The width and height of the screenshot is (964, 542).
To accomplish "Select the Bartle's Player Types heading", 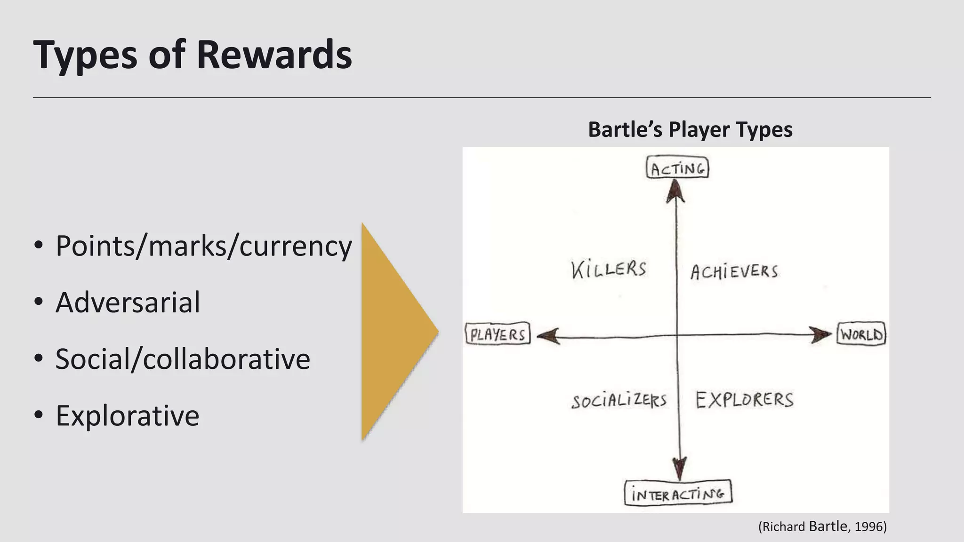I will pyautogui.click(x=690, y=129).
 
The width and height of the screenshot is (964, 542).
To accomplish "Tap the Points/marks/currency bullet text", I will pyautogui.click(x=203, y=246).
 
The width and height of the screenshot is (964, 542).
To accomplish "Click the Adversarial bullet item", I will pyautogui.click(x=128, y=302).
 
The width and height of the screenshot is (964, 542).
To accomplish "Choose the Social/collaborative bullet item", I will pyautogui.click(x=183, y=359).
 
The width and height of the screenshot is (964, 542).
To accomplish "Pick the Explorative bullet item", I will pyautogui.click(x=128, y=415).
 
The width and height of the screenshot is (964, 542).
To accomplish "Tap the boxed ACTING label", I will pyautogui.click(x=677, y=168).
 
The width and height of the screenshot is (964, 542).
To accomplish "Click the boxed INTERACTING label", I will pyautogui.click(x=678, y=494).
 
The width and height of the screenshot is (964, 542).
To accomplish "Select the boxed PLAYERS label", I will pyautogui.click(x=498, y=335).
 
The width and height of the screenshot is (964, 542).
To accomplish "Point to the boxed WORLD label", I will pyautogui.click(x=861, y=335).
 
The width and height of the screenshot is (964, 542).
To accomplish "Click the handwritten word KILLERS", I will pyautogui.click(x=609, y=269).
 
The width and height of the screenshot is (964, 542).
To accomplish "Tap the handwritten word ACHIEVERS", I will pyautogui.click(x=734, y=271).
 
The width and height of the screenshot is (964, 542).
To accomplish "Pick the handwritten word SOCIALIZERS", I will pyautogui.click(x=619, y=400).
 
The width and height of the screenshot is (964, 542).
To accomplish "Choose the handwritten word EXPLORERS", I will pyautogui.click(x=744, y=400).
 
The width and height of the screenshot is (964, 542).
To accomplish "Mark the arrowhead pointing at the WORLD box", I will pyautogui.click(x=821, y=335).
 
